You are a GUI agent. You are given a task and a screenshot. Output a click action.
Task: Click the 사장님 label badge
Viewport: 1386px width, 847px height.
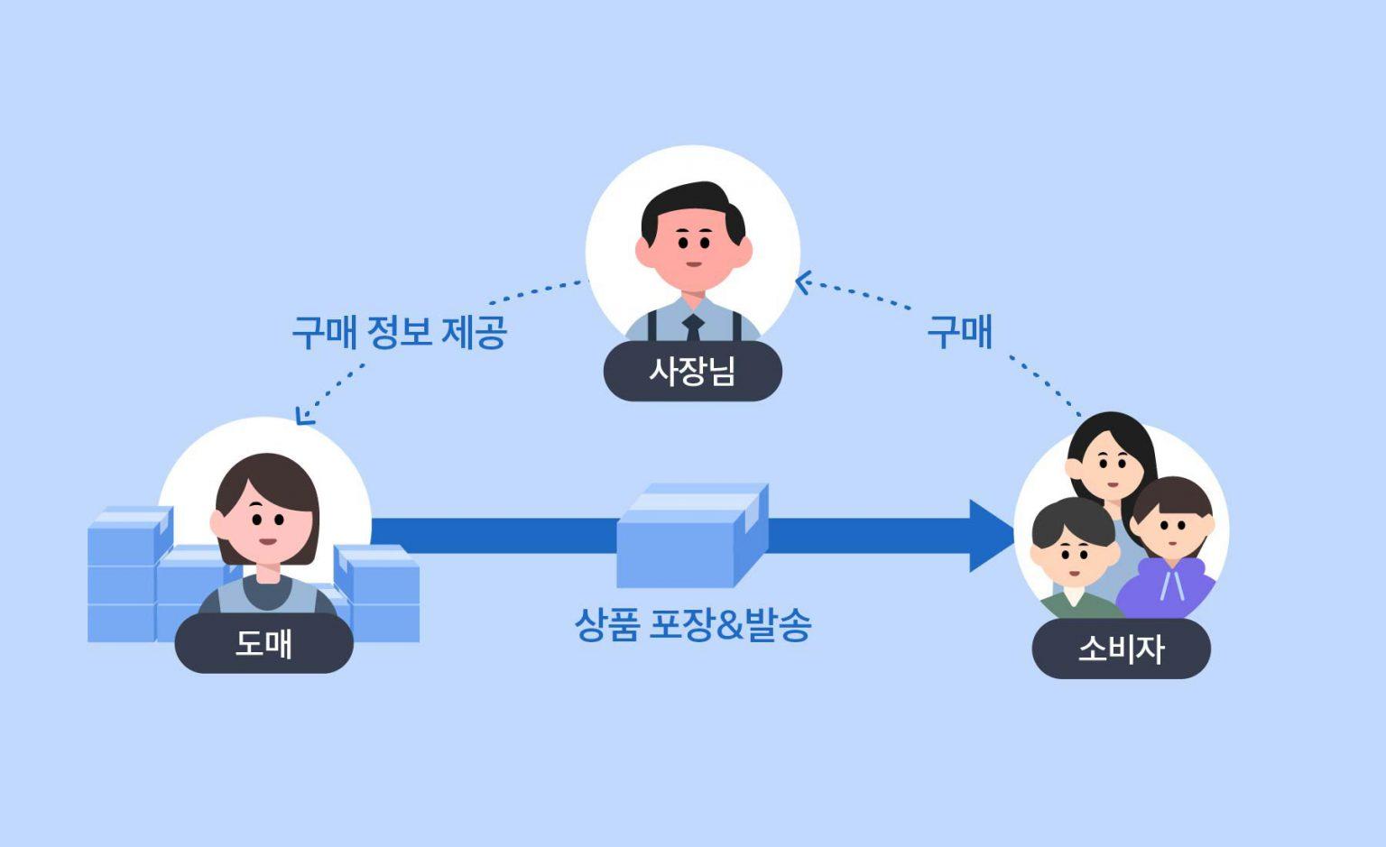(692, 371)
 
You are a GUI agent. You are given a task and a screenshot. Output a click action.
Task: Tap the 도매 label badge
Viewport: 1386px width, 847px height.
(263, 643)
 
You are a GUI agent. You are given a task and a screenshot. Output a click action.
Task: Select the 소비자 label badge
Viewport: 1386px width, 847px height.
(1121, 649)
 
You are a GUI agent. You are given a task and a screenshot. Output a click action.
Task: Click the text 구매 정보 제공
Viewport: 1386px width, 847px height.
(399, 332)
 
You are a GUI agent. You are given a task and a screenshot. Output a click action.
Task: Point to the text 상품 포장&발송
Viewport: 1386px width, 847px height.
(692, 624)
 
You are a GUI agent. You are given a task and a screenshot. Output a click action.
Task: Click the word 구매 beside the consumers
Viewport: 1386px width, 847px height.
(959, 332)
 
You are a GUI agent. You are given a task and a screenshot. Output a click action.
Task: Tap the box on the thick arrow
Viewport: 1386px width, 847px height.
(692, 536)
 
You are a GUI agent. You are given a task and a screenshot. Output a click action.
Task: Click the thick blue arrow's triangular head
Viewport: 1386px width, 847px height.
(991, 536)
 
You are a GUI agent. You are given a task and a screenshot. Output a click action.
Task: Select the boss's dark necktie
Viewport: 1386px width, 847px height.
(693, 327)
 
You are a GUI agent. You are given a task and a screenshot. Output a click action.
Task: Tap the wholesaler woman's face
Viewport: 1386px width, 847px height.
(265, 528)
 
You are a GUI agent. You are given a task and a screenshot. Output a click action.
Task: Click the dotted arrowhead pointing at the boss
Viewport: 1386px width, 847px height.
(802, 283)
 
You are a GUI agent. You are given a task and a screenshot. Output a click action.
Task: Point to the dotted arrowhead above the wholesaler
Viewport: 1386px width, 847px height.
(304, 416)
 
